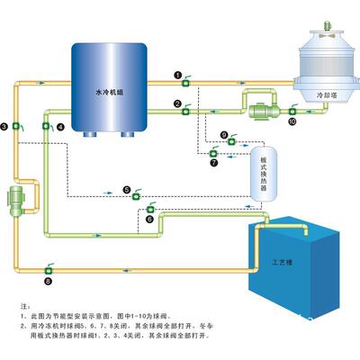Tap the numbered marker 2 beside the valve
pos(178,103)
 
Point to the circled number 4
pos(61,128)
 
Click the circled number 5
pos(128,189)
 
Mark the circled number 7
pos(213,164)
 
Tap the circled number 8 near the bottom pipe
pos(48,281)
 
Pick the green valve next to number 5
pos(139,192)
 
